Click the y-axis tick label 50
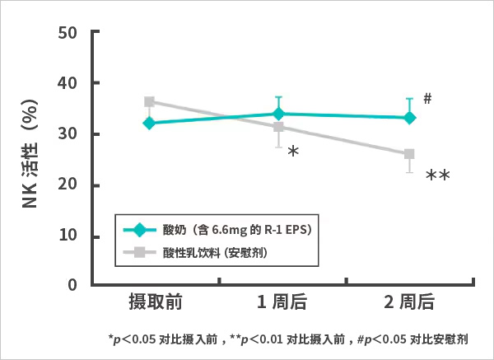point(70,33)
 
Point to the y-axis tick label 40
point(70,84)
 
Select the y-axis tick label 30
point(70,134)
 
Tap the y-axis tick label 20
point(70,185)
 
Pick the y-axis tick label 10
point(70,236)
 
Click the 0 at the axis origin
point(72,285)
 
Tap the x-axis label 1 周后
point(282,302)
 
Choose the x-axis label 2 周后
point(409,302)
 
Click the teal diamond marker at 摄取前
point(149,123)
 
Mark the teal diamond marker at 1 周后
point(278,114)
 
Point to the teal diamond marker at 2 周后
point(409,118)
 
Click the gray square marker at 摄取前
point(149,102)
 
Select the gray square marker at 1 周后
point(278,127)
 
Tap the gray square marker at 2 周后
point(409,154)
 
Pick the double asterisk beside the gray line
point(437,176)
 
